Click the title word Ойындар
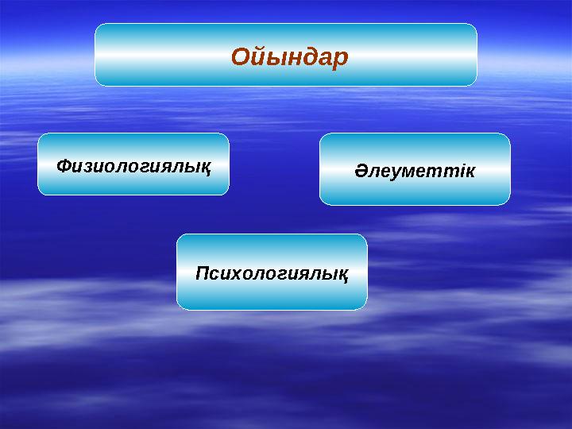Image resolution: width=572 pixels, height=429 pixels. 289,57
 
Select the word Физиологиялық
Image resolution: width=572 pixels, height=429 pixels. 133,167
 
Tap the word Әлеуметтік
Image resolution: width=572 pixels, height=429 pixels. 414,171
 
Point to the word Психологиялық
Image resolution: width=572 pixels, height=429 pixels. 272,274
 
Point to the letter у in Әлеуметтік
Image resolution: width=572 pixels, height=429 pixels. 396,172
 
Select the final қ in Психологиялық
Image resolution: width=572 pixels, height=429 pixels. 342,275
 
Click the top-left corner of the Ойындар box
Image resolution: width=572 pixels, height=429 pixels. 96,25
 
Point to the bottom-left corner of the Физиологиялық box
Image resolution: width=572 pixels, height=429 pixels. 39,194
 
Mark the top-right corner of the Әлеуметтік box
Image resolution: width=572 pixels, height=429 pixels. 509,134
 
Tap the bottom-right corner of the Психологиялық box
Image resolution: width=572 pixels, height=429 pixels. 366,308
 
